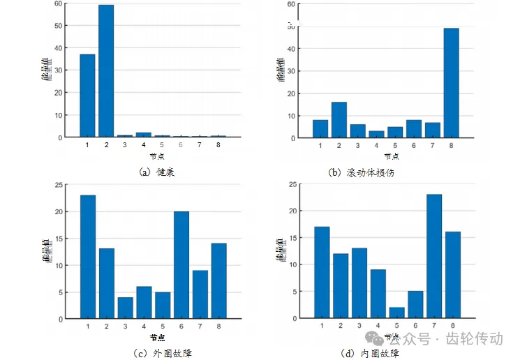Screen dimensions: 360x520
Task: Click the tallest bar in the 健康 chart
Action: point(106,70)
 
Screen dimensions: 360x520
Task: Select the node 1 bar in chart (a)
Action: point(87,95)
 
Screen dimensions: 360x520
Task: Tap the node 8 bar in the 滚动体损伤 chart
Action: point(452,82)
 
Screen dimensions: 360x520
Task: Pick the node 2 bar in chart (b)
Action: point(339,119)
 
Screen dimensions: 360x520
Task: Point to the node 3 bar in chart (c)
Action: point(126,308)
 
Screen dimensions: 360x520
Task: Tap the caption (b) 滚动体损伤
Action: point(362,172)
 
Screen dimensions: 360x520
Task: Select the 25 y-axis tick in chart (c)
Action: point(59,184)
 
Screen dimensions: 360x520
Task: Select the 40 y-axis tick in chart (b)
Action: point(290,48)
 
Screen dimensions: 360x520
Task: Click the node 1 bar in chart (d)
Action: point(322,272)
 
